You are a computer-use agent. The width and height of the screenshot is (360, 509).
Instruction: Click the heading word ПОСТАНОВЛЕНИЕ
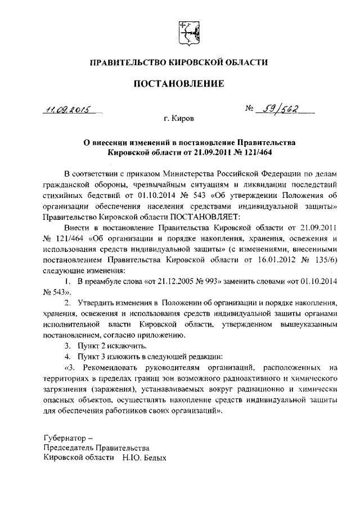point(178,84)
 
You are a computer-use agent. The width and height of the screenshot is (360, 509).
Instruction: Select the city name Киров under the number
point(182,119)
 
